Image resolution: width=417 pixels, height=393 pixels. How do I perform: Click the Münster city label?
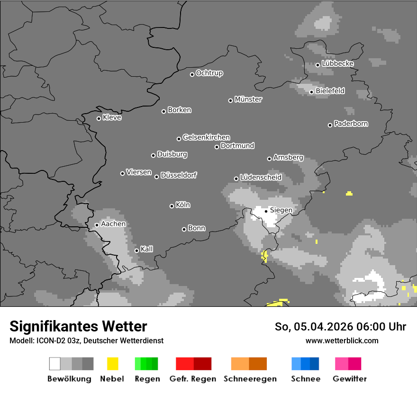pyautogui.click(x=248, y=99)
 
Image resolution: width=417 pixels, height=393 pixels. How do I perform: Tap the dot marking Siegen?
pyautogui.click(x=266, y=211)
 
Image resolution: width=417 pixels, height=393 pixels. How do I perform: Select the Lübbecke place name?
pyautogui.click(x=337, y=63)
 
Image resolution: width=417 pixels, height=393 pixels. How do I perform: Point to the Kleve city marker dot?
pyautogui.click(x=99, y=118)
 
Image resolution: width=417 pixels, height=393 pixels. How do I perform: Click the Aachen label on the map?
pyautogui.click(x=113, y=224)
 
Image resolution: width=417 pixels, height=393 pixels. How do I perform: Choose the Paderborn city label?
pyautogui.click(x=351, y=124)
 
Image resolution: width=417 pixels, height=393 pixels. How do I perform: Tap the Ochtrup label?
pyautogui.click(x=209, y=73)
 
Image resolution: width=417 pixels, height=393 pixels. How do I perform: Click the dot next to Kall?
pyautogui.click(x=136, y=250)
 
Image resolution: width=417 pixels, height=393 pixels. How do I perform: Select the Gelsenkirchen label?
pyautogui.click(x=206, y=137)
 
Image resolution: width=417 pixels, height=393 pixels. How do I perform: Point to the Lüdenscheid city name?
pyautogui.click(x=261, y=178)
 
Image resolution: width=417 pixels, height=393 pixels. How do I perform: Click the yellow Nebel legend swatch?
pyautogui.click(x=112, y=364)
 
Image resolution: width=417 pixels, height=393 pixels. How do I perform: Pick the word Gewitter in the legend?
pyautogui.click(x=350, y=379)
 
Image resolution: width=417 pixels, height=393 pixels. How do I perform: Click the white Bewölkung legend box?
pyautogui.click(x=55, y=364)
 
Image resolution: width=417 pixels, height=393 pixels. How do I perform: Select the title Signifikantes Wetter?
pyautogui.click(x=78, y=326)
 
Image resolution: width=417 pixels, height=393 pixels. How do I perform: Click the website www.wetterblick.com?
pyautogui.click(x=342, y=340)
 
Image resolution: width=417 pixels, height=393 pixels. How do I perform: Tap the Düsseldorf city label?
pyautogui.click(x=179, y=175)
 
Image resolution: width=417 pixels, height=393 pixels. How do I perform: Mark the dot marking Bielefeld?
pyautogui.click(x=311, y=92)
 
